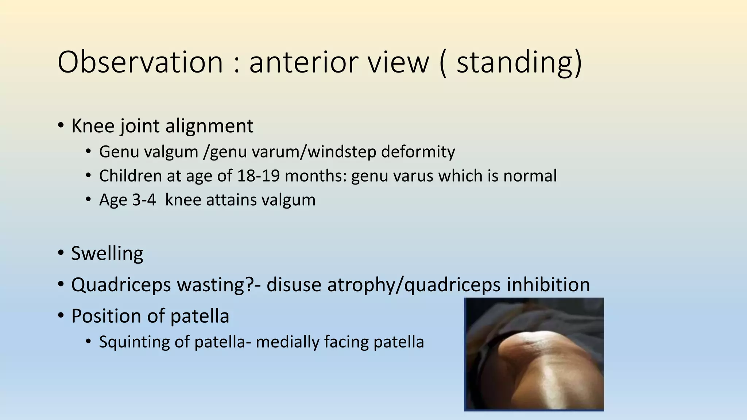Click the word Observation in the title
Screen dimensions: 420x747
pos(140,62)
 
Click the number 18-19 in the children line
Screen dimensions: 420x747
pos(258,176)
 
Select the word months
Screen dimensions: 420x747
pos(315,176)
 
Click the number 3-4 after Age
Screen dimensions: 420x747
pos(144,200)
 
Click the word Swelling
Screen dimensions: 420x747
pos(107,253)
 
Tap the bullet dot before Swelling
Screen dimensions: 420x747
pos(61,252)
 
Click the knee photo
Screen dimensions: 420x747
pos(534,354)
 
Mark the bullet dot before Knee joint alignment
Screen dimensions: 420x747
pos(61,125)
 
